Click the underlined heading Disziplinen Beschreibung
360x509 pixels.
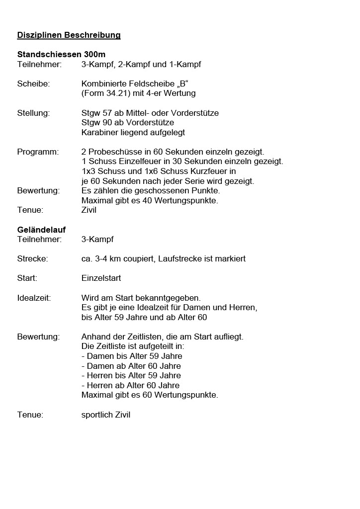pyautogui.click(x=69, y=35)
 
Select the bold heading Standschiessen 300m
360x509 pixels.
pyautogui.click(x=61, y=55)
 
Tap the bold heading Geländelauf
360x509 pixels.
pyautogui.click(x=41, y=230)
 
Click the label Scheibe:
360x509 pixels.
pyautogui.click(x=33, y=84)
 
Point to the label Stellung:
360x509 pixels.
pyautogui.click(x=33, y=113)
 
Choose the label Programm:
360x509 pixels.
pyautogui.click(x=38, y=152)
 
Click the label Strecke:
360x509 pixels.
pyautogui.click(x=33, y=259)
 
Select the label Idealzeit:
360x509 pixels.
pyautogui.click(x=34, y=298)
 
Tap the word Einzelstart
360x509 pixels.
pyautogui.click(x=101, y=278)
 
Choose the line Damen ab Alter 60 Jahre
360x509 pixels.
pyautogui.click(x=131, y=366)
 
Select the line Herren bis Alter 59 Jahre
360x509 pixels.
pyautogui.click(x=131, y=376)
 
